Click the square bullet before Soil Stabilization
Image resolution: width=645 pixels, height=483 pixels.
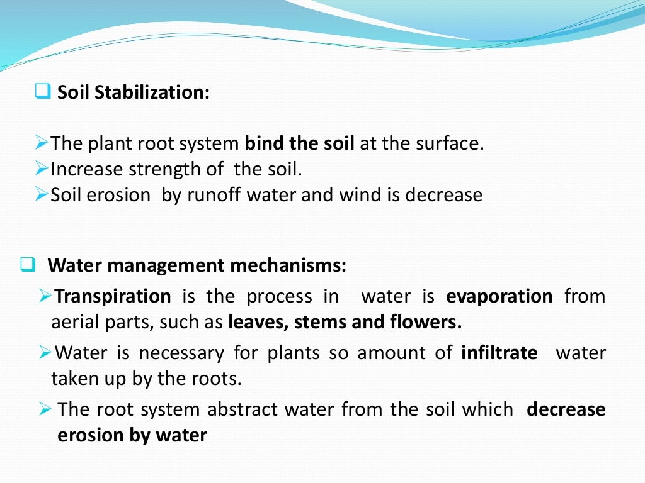[x=43, y=92]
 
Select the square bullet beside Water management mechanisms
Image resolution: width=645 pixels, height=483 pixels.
[x=28, y=265]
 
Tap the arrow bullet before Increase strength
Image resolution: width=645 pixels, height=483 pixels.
[x=42, y=169]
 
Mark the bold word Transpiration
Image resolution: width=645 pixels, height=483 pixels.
[x=113, y=296]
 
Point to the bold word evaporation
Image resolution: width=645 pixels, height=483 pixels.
[x=499, y=296]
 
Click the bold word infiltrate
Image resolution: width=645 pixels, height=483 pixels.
[x=499, y=353]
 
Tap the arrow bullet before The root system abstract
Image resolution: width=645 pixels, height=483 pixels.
[x=45, y=409]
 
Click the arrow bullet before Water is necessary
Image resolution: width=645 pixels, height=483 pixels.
[x=45, y=352]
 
